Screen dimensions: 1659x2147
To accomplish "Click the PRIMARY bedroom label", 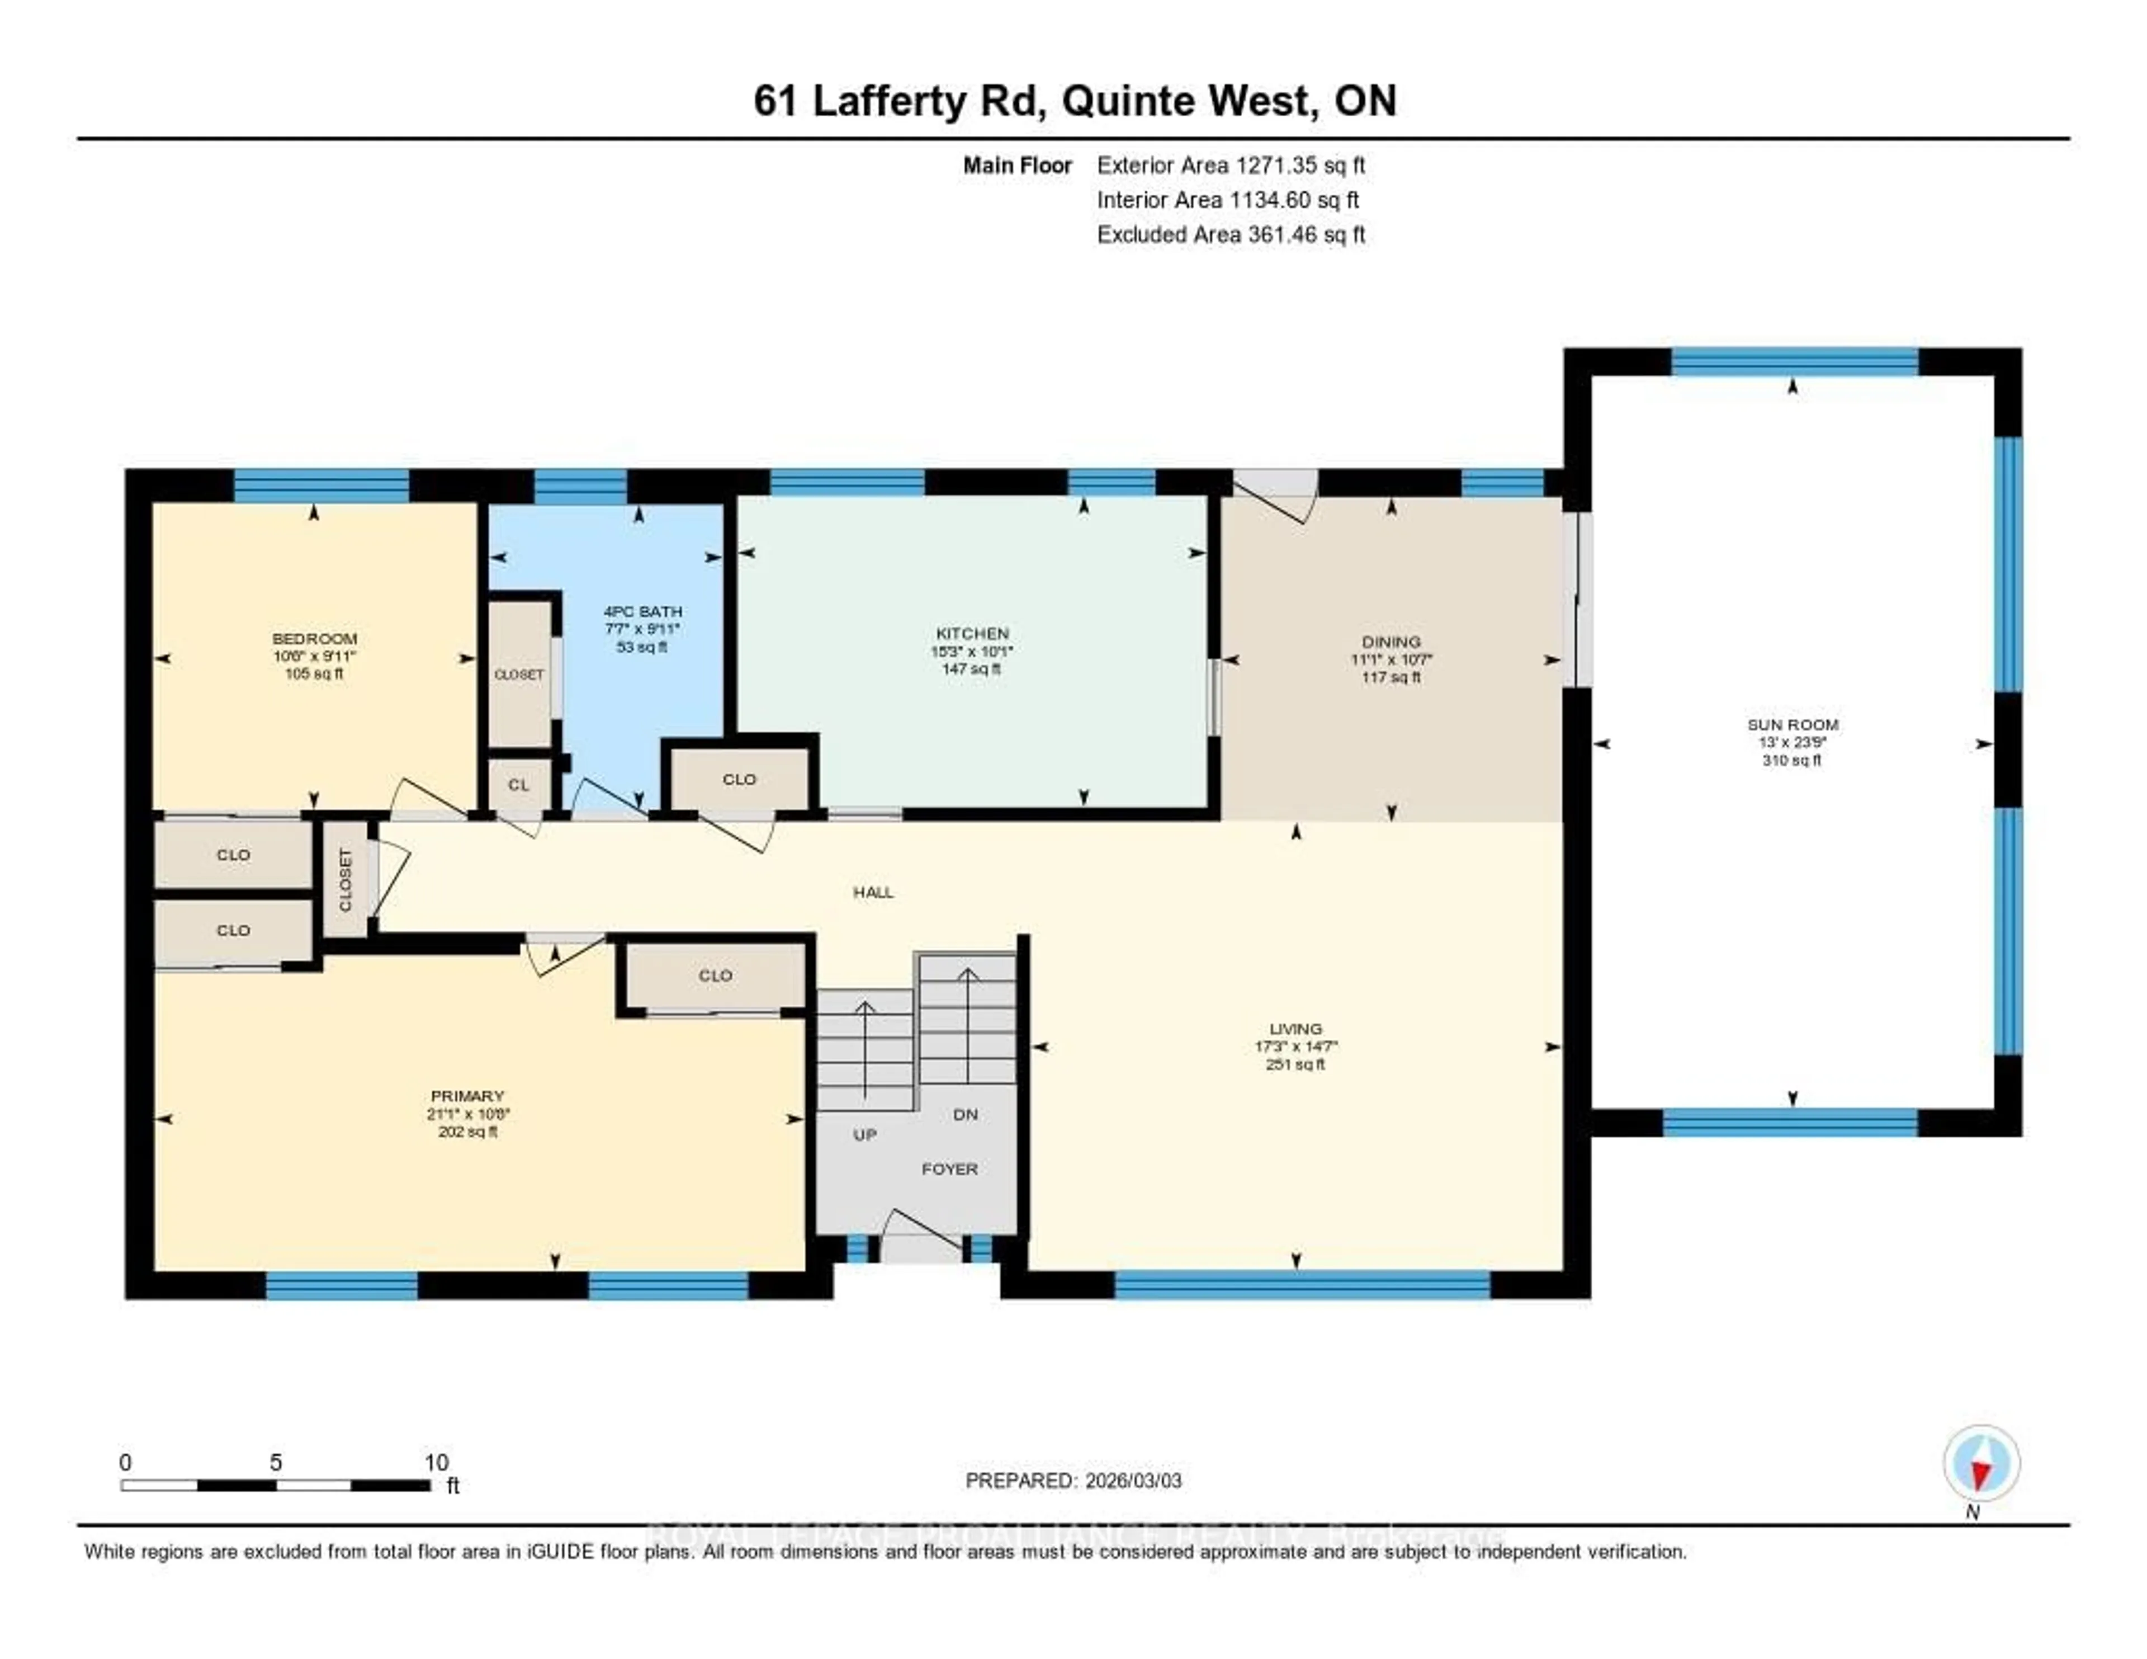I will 467,1096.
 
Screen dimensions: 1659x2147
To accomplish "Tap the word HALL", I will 873,892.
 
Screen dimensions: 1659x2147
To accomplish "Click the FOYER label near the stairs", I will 949,1169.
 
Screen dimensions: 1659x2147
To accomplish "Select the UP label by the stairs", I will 864,1135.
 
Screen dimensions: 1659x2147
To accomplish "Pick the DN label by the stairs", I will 966,1114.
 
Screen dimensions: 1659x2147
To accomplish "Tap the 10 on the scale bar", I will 436,1462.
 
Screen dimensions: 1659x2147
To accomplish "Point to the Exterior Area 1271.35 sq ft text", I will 1231,165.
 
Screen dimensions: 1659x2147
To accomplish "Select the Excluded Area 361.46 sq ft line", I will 1231,234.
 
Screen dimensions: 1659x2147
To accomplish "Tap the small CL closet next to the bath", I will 518,785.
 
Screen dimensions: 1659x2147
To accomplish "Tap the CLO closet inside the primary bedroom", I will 715,975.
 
